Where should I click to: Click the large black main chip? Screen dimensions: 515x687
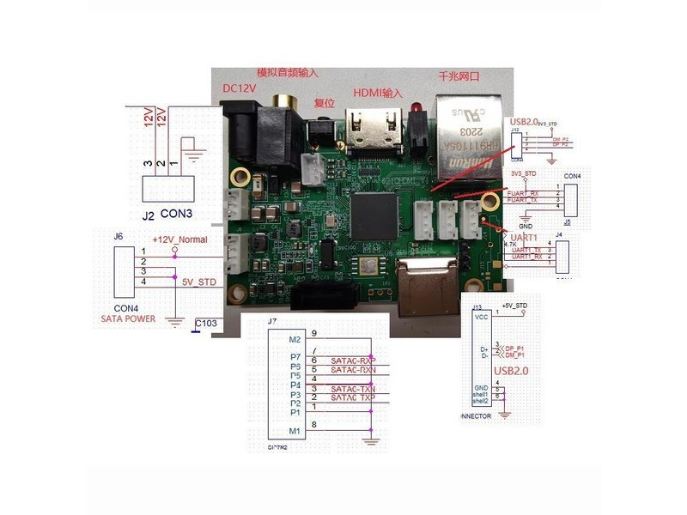pyautogui.click(x=374, y=214)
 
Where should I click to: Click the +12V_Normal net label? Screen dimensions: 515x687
pyautogui.click(x=179, y=239)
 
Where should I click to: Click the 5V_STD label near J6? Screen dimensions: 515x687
pyautogui.click(x=198, y=282)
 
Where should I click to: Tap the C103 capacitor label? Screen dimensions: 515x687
pyautogui.click(x=207, y=324)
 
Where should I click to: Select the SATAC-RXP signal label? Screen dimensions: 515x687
pyautogui.click(x=354, y=360)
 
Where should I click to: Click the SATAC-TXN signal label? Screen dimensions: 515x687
pyautogui.click(x=354, y=389)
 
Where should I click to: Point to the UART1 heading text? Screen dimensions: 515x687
pyautogui.click(x=526, y=237)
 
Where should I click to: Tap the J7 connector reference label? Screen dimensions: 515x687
pyautogui.click(x=272, y=322)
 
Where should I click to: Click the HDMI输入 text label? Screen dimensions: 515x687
pyautogui.click(x=378, y=92)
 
